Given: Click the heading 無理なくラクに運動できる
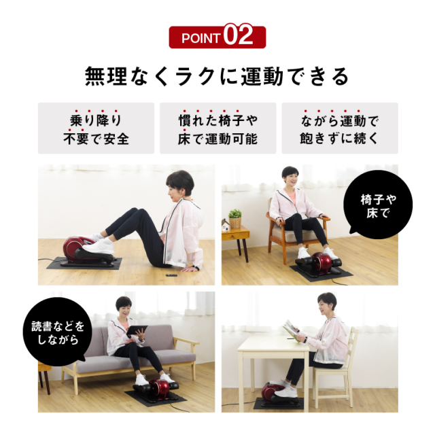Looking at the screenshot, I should coord(217,75).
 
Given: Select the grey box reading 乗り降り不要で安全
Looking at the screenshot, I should coord(96,128).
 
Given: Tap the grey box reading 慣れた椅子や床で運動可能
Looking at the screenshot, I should coord(217,128).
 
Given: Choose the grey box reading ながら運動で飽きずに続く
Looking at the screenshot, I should coord(339,128).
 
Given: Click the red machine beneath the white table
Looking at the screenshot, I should coord(271,393).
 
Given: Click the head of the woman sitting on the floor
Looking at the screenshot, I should coord(179,183).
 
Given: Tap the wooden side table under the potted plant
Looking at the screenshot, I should coord(235,238).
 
